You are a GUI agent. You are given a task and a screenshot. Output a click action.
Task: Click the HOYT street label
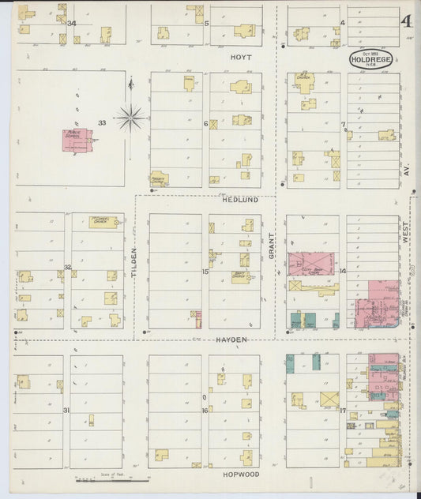tap(240, 58)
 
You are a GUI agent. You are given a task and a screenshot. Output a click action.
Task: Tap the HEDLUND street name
tap(241, 201)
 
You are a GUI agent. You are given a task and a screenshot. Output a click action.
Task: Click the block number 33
tap(102, 122)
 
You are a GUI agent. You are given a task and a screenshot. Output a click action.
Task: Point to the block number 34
tap(72, 23)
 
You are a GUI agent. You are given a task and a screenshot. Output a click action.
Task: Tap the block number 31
tap(67, 410)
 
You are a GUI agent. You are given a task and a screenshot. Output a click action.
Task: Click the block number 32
tap(68, 267)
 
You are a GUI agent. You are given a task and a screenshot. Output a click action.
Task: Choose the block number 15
tap(205, 272)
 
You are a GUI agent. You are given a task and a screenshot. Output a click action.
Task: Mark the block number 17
tap(342, 410)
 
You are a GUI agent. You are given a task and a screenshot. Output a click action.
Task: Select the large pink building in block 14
tap(311, 264)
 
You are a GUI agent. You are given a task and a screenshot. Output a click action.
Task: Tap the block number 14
tap(343, 272)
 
